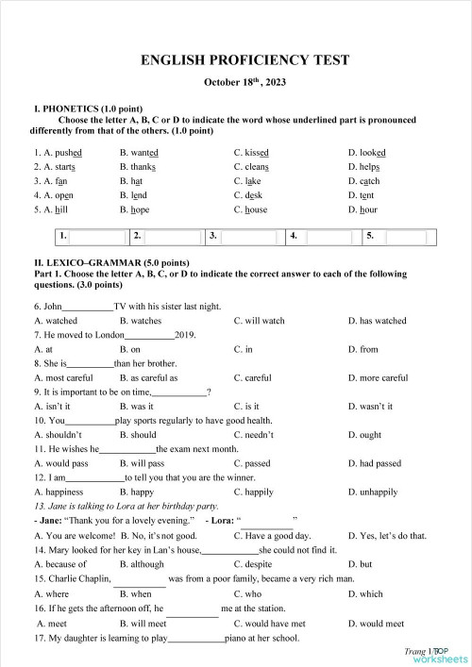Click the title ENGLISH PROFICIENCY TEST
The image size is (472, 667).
tap(244, 60)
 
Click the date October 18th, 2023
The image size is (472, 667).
tap(244, 83)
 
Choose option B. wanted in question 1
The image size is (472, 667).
tap(139, 153)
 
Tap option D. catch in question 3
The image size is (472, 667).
tap(363, 181)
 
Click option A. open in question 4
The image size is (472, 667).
tap(50, 195)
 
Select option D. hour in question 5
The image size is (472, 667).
tap(362, 209)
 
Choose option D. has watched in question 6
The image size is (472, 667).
tap(377, 321)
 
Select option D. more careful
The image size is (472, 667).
tap(378, 378)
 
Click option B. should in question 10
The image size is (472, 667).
tap(138, 436)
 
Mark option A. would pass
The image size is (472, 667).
tap(61, 464)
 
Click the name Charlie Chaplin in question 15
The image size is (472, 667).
tap(72, 578)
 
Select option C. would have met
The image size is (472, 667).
tap(269, 624)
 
